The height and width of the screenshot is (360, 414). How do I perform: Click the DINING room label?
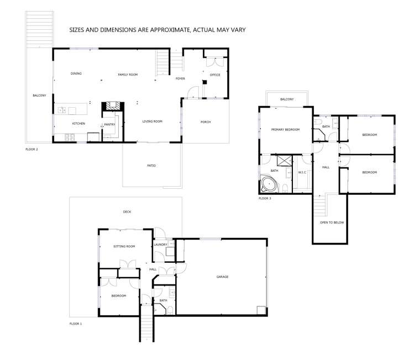76,73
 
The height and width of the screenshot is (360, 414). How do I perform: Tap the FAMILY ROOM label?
128,75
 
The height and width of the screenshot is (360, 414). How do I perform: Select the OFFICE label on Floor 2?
214,75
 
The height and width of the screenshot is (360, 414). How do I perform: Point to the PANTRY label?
109,125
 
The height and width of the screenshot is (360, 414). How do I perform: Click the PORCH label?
205,122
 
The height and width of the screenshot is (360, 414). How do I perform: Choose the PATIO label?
151,166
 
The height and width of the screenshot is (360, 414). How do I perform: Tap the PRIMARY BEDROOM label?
285,130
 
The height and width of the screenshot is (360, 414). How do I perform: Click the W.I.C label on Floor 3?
302,172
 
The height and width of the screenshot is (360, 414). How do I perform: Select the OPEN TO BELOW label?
332,223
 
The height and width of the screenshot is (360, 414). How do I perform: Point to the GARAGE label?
222,277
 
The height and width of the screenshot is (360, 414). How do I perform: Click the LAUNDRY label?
161,245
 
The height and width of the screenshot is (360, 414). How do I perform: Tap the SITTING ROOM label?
124,246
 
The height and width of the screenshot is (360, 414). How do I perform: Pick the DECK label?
127,211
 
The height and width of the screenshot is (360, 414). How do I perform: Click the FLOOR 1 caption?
76,323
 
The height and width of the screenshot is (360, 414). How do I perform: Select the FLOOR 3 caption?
265,198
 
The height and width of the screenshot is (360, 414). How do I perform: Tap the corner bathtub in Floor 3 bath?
268,184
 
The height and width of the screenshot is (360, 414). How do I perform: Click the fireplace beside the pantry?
113,106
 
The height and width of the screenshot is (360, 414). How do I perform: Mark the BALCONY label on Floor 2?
39,96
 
